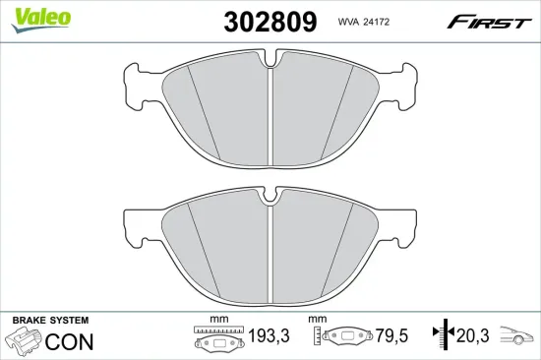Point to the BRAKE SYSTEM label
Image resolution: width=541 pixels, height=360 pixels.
pyautogui.click(x=49, y=322)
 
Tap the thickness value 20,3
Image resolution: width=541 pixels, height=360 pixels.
pyautogui.click(x=473, y=337)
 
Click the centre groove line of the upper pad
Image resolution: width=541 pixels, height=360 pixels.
pyautogui.click(x=270, y=113)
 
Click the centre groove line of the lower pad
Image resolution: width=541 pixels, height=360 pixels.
pyautogui.click(x=270, y=246)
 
